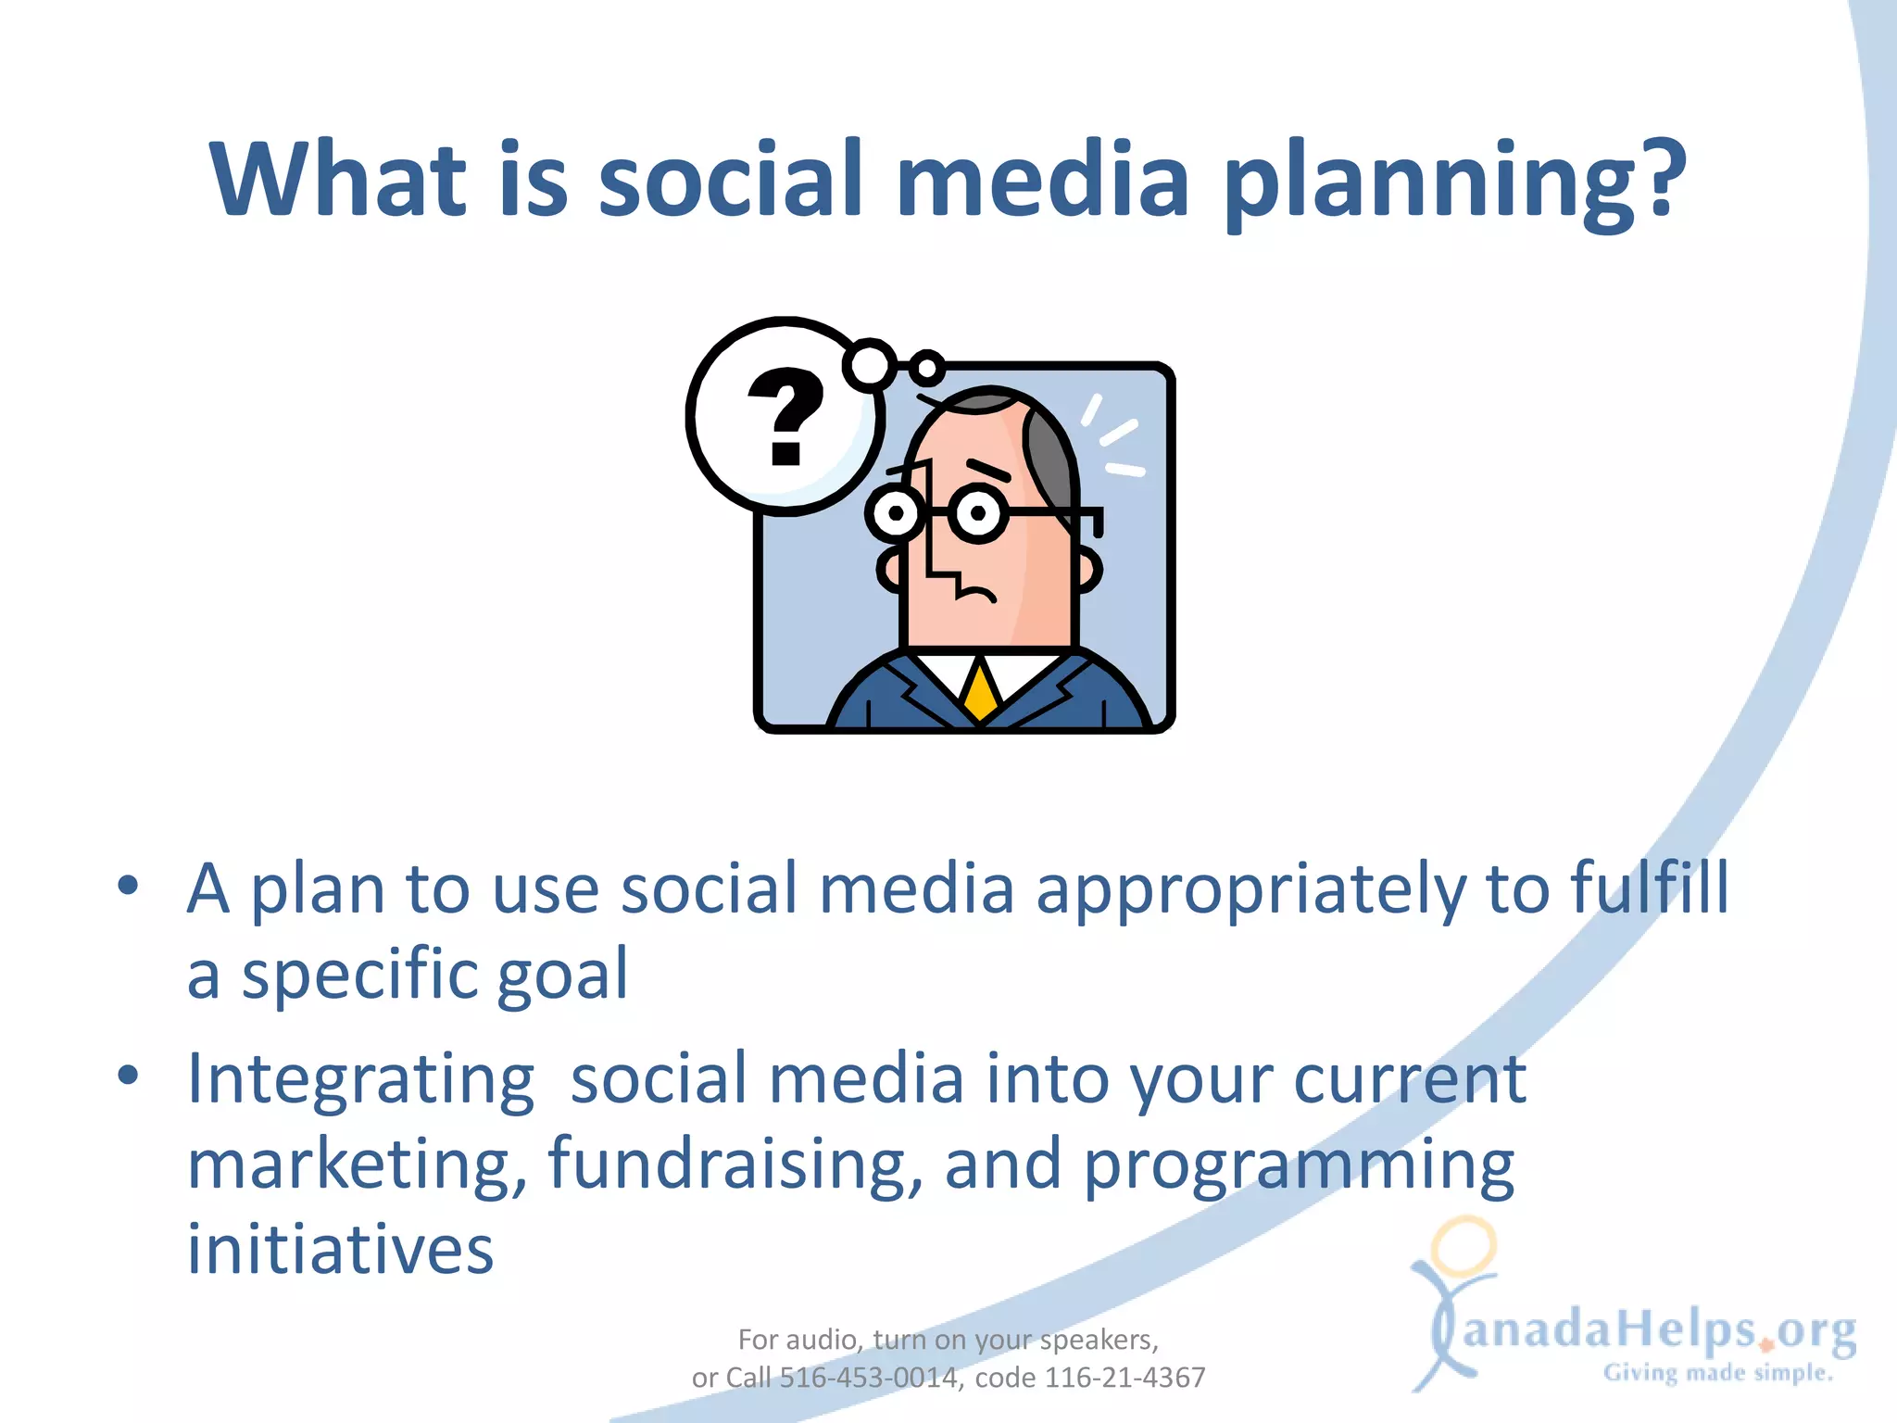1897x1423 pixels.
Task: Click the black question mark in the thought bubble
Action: click(785, 416)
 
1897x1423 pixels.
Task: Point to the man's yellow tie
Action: click(979, 690)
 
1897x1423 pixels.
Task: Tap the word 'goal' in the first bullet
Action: click(562, 975)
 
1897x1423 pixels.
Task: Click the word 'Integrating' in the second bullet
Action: click(360, 1080)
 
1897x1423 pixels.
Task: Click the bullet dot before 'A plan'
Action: click(128, 884)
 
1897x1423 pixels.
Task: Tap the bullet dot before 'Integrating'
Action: click(128, 1075)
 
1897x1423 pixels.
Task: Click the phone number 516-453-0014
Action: click(868, 1378)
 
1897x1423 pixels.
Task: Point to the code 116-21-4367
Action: click(1124, 1378)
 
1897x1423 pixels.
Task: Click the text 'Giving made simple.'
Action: click(1718, 1373)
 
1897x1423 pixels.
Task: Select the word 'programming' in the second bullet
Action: click(1299, 1165)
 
